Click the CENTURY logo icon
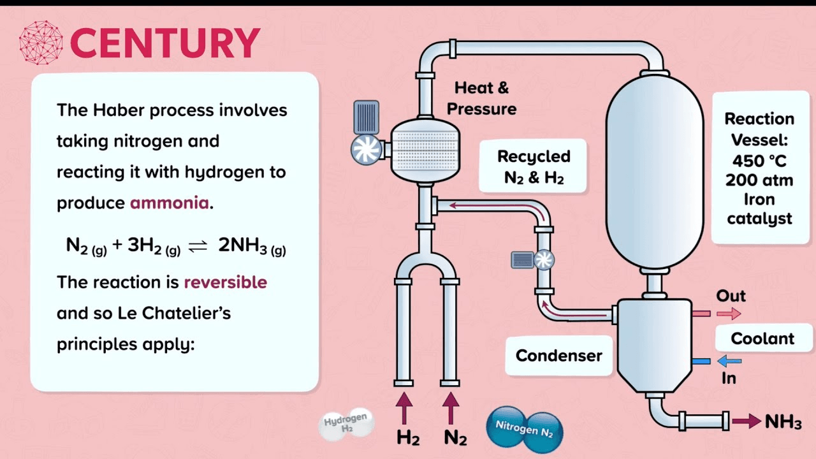41,43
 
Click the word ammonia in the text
169,203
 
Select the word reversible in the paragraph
225,282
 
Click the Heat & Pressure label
481,98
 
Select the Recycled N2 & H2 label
534,166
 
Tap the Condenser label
558,355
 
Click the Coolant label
762,338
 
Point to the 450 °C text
759,160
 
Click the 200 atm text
759,180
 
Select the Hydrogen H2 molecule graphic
347,423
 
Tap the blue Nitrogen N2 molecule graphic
525,428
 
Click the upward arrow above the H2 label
404,408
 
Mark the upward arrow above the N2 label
451,408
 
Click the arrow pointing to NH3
746,421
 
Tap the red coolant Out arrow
729,313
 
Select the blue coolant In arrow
729,361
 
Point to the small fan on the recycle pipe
544,259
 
